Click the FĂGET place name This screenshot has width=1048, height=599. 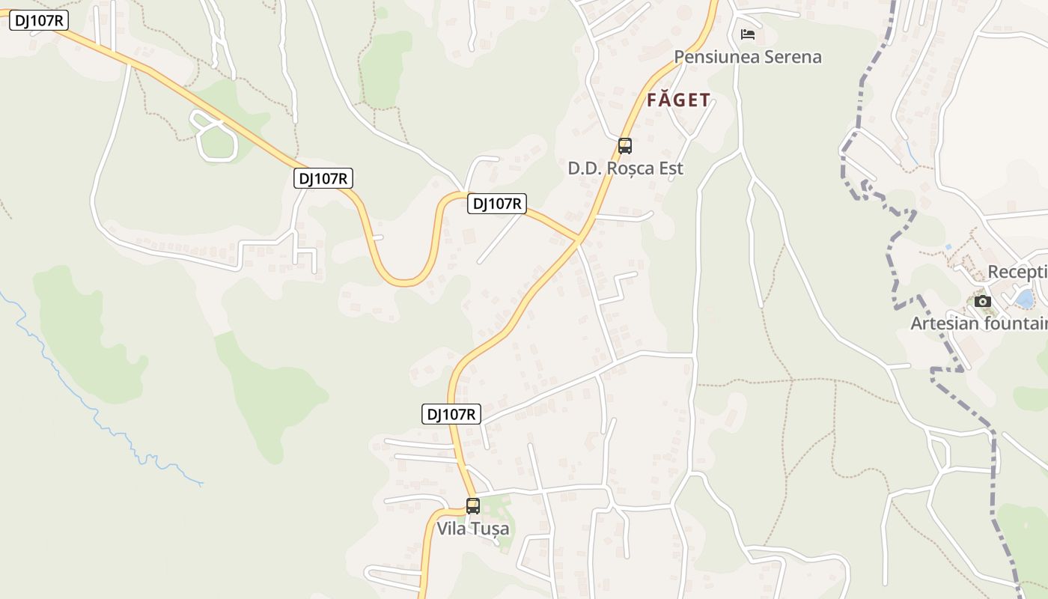(x=678, y=100)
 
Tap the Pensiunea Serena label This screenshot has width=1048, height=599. (x=747, y=57)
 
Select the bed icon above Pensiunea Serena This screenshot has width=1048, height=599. (x=747, y=34)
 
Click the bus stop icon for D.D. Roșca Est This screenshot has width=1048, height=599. (x=624, y=146)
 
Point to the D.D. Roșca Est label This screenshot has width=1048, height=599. (x=625, y=168)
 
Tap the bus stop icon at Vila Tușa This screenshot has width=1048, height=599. (x=472, y=506)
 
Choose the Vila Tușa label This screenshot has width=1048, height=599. (x=472, y=529)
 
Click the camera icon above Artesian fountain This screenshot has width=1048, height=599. (x=983, y=302)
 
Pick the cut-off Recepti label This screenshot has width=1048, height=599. (x=1017, y=272)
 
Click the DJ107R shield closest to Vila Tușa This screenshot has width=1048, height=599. (x=451, y=414)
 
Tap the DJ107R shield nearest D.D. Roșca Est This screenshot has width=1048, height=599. (x=496, y=203)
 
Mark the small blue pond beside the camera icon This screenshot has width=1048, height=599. (x=1024, y=299)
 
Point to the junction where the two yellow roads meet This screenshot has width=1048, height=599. (x=579, y=240)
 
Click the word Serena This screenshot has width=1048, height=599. (x=790, y=57)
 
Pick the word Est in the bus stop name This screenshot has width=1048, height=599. (x=669, y=168)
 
